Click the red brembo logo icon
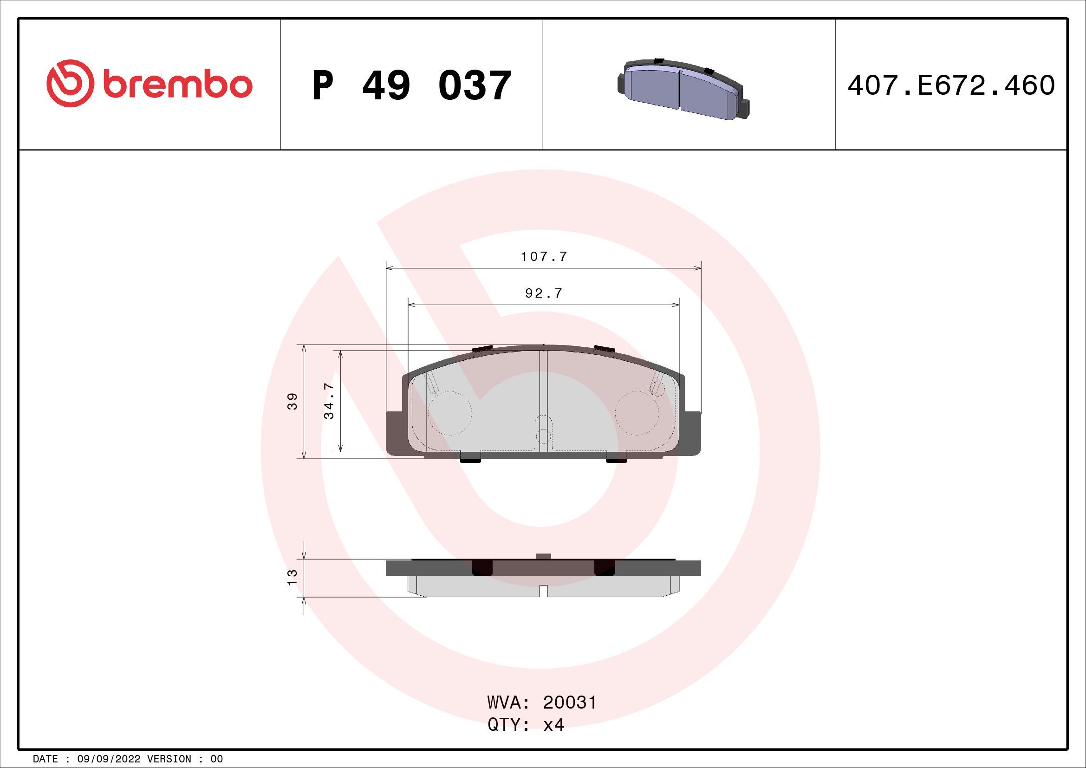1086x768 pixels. click(68, 83)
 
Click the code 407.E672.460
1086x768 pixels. click(951, 85)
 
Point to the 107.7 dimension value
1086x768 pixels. click(544, 257)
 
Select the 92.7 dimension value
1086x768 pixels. click(544, 293)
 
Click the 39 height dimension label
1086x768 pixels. click(293, 401)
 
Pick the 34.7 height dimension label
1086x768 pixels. click(329, 401)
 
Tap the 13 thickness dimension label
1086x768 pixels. click(293, 577)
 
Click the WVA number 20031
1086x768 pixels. click(570, 703)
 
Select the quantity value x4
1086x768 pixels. click(553, 725)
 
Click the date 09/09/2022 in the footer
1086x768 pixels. click(108, 759)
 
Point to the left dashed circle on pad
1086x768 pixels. click(450, 413)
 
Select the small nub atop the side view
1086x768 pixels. click(544, 556)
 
